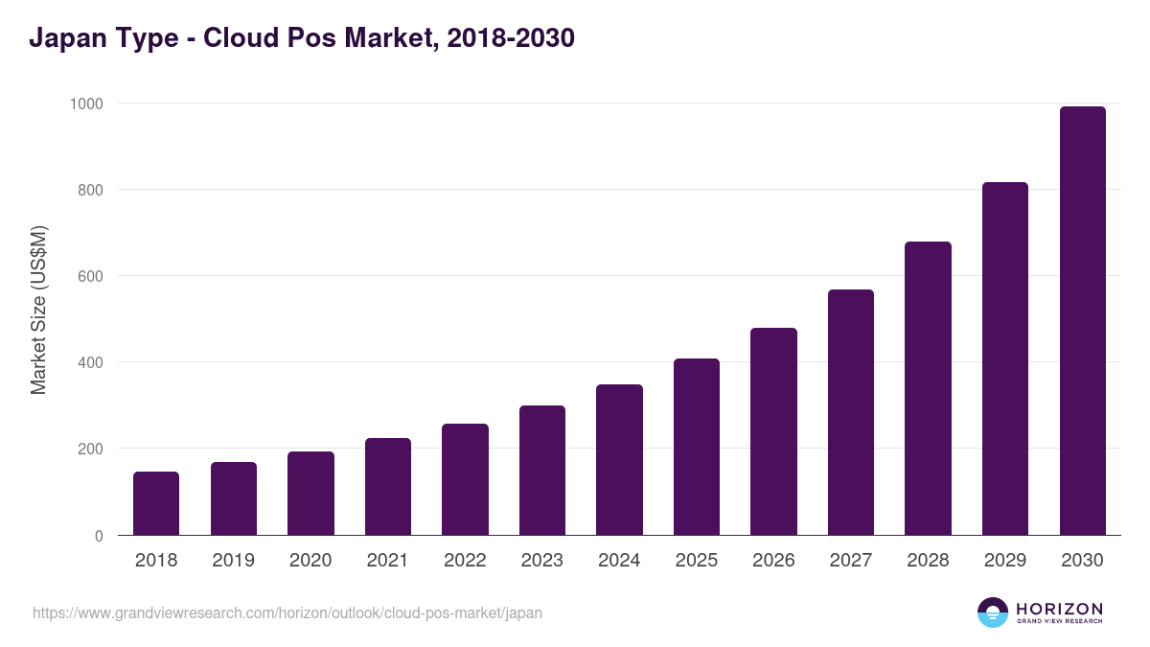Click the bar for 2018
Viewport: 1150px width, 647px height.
tap(156, 503)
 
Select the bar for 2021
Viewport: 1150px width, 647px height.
tap(388, 487)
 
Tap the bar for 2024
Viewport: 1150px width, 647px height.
tap(619, 460)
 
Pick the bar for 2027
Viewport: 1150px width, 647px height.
tap(851, 412)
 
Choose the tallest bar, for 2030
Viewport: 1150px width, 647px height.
tap(1082, 321)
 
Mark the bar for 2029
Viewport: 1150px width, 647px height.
tap(1005, 358)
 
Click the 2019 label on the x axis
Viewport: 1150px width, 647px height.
tap(233, 561)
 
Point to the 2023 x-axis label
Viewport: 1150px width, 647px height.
tap(541, 561)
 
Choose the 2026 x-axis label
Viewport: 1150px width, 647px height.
tap(773, 561)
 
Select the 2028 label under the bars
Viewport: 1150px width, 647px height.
tap(928, 561)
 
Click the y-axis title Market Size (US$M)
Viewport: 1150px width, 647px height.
tap(38, 310)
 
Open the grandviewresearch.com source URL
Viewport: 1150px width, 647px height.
tap(287, 612)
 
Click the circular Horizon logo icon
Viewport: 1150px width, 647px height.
tap(992, 612)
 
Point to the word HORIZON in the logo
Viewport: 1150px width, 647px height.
tap(1059, 608)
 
